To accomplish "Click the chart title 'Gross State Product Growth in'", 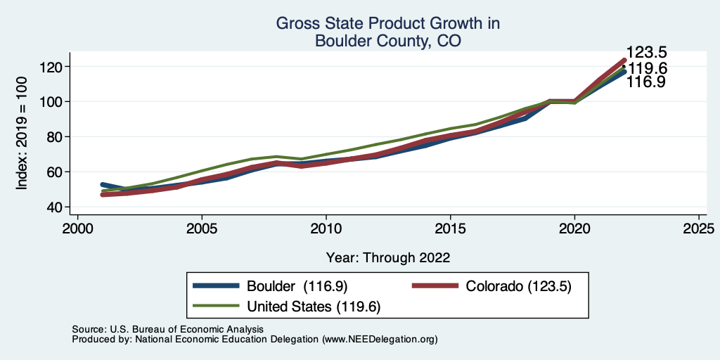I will (387, 24).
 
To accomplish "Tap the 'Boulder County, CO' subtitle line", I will (387, 41).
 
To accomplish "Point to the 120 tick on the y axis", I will (53, 67).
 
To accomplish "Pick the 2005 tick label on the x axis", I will (202, 229).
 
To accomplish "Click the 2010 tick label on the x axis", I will (326, 229).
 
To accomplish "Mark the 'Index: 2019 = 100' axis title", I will (22, 133).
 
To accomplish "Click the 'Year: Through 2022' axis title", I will (387, 257).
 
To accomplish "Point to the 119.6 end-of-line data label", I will (647, 68).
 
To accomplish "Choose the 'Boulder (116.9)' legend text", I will (297, 286).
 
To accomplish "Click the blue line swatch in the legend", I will (217, 286).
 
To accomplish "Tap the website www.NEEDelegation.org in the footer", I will (379, 339).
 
